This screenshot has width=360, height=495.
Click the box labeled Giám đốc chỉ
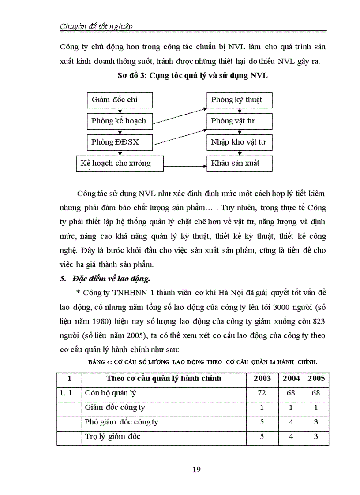(x=119, y=100)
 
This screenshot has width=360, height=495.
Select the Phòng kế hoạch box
(x=119, y=121)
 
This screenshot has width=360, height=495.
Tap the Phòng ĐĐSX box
(x=119, y=142)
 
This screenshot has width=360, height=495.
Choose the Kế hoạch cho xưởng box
(x=119, y=164)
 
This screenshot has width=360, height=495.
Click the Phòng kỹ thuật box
(x=240, y=100)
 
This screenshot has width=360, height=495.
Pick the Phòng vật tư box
(x=240, y=121)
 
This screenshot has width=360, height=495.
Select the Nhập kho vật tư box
(x=240, y=142)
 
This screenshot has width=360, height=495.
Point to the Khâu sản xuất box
(x=240, y=164)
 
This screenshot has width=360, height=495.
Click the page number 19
(x=197, y=469)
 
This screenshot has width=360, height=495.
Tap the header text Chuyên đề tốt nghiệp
(x=96, y=26)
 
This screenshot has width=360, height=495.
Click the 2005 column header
(x=316, y=378)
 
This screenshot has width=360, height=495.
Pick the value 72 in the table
(x=262, y=393)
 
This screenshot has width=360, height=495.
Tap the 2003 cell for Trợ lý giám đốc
(x=262, y=437)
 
